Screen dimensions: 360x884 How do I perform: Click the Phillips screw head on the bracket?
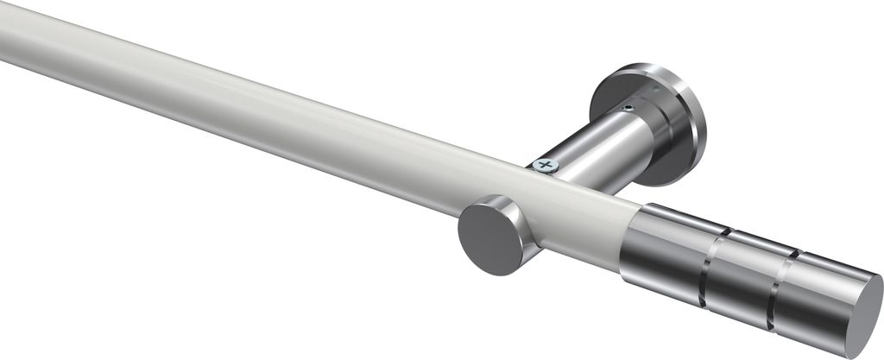click(x=545, y=165)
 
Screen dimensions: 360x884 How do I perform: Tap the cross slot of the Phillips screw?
click(x=545, y=165)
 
